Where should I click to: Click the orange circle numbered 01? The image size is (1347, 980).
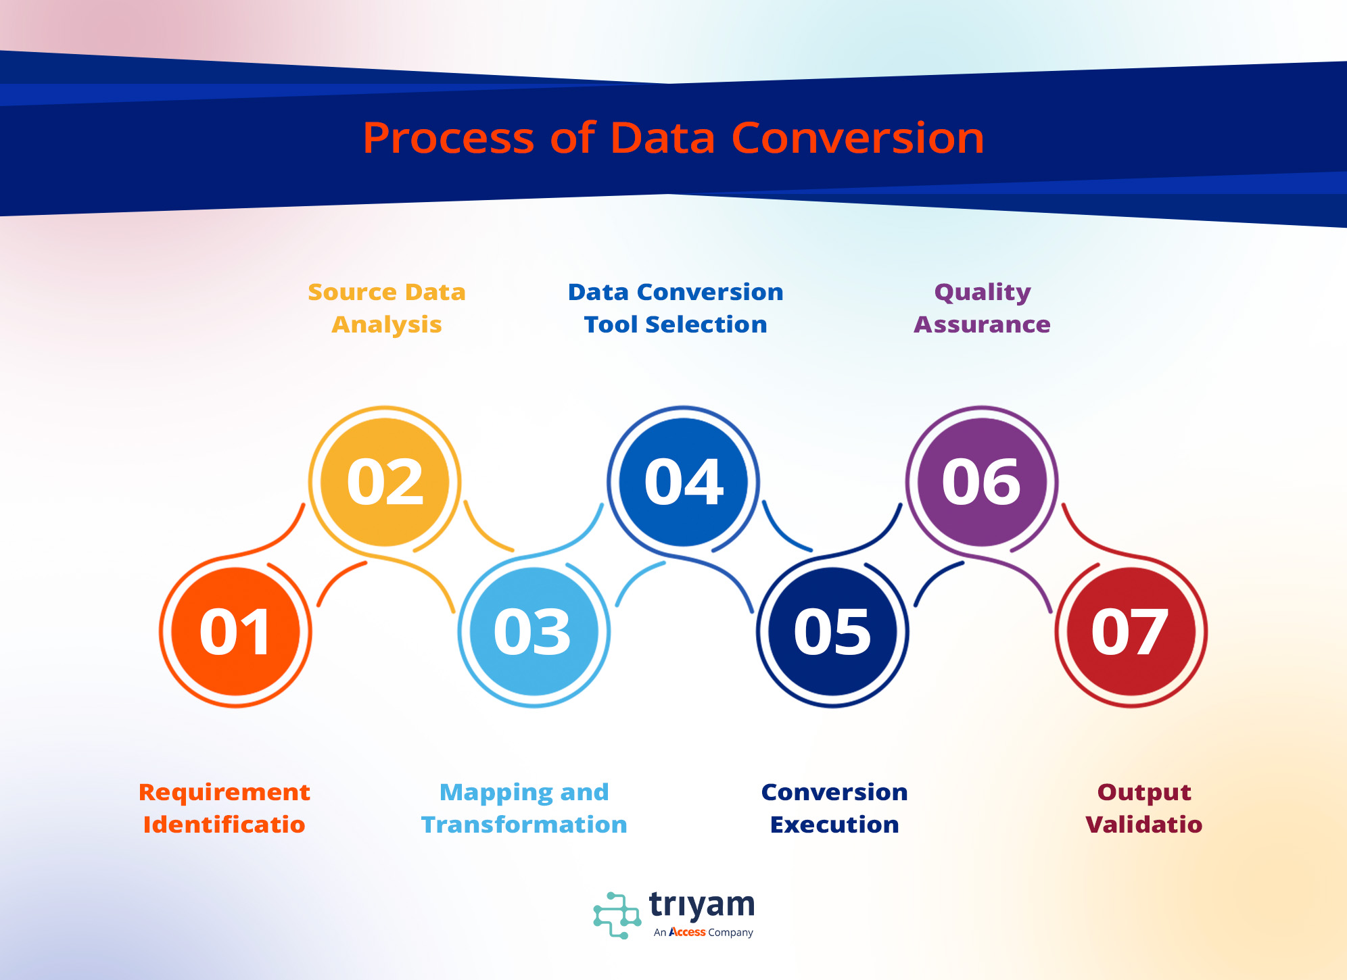(235, 631)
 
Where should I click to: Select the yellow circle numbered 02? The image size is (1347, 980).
(385, 482)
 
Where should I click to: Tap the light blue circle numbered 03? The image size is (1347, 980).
(534, 631)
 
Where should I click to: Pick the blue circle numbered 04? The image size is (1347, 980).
(683, 482)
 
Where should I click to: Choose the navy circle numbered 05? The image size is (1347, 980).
(832, 631)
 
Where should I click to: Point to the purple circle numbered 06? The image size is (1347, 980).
(982, 482)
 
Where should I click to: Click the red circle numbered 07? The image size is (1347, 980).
(1131, 631)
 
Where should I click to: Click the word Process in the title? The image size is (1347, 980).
(449, 139)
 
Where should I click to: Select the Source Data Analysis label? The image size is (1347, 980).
(387, 308)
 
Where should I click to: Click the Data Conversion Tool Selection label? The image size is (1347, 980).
(676, 308)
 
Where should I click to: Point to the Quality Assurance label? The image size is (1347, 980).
(983, 308)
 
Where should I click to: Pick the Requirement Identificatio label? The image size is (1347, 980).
(224, 808)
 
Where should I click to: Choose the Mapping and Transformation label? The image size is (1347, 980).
(524, 808)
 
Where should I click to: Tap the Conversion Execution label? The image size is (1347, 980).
(834, 808)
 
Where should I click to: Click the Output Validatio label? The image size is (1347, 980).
(1144, 808)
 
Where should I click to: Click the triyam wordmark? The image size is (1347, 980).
(702, 906)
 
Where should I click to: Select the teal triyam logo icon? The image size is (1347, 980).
(617, 915)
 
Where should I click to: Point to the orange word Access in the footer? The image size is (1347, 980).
(687, 932)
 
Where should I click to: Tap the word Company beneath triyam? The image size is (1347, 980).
(730, 933)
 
